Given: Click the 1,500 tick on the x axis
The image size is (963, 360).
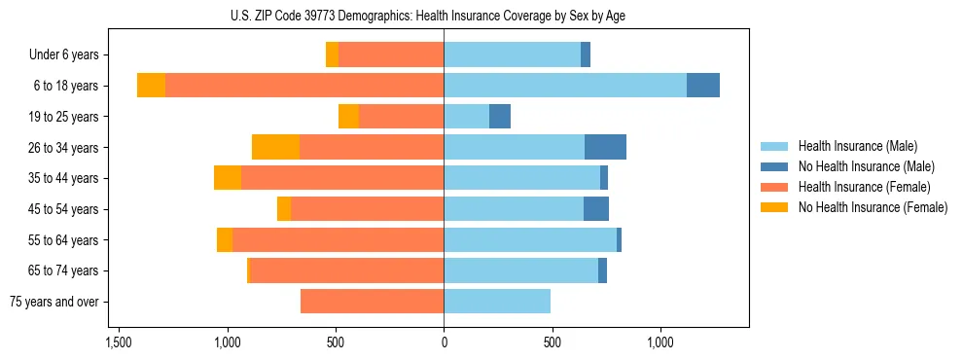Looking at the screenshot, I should pyautogui.click(x=119, y=343).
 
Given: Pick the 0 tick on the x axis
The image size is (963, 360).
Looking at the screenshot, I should pyautogui.click(x=444, y=343).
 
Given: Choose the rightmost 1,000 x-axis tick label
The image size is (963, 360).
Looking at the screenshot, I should pyautogui.click(x=660, y=343).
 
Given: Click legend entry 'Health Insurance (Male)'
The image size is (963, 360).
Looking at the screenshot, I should pyautogui.click(x=857, y=146).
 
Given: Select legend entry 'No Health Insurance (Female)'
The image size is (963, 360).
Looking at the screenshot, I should pyautogui.click(x=873, y=207).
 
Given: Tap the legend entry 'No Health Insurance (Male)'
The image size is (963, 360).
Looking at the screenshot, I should pyautogui.click(x=866, y=166).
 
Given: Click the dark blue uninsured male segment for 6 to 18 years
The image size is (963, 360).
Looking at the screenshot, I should pyautogui.click(x=703, y=86).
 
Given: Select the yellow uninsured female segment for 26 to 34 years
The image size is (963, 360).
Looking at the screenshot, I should pyautogui.click(x=275, y=147).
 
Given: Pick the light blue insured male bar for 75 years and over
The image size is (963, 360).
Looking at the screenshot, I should pyautogui.click(x=497, y=302).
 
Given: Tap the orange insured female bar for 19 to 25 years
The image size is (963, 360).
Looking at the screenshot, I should pyautogui.click(x=401, y=117).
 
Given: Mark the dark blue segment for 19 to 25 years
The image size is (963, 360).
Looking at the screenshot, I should pyautogui.click(x=500, y=117).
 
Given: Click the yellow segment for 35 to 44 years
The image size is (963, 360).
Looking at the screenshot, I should pyautogui.click(x=228, y=178).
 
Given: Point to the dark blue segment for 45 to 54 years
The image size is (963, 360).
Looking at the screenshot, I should pyautogui.click(x=596, y=209).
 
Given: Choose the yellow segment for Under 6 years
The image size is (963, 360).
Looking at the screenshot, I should pyautogui.click(x=332, y=55).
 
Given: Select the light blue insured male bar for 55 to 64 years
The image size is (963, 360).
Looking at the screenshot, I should pyautogui.click(x=530, y=239).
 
